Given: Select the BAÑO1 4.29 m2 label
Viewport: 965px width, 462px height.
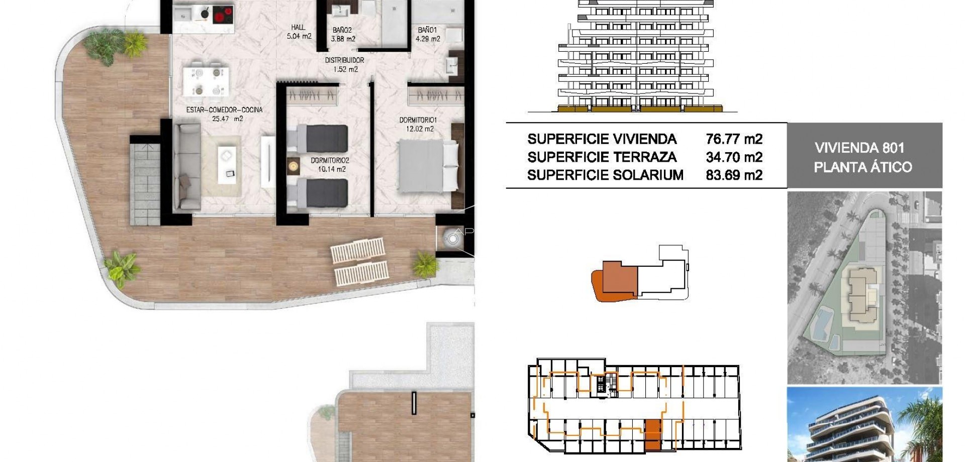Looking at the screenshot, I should point(428,34).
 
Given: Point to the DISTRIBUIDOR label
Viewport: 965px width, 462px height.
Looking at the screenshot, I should point(345,64).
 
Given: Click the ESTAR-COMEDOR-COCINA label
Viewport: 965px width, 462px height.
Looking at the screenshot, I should point(224,114).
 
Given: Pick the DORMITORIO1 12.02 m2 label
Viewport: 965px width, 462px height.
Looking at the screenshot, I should point(418,124).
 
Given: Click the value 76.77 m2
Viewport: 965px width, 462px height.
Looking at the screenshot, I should point(734,139).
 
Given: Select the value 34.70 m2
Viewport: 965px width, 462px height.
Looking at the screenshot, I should point(734,157).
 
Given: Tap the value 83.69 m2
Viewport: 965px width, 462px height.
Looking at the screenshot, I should point(734,175).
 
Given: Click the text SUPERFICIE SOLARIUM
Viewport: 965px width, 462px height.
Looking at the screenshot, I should point(605,175).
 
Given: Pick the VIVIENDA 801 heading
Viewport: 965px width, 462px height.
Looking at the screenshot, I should point(859,148).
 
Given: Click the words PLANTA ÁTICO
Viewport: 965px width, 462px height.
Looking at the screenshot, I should point(862,167).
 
